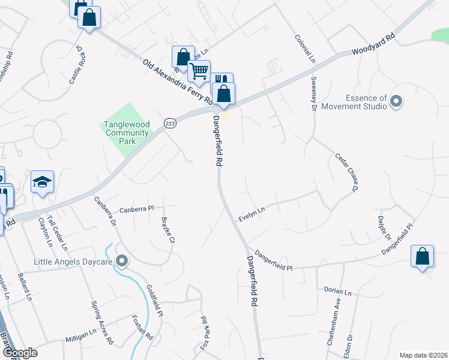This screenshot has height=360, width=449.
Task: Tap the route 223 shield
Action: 170,122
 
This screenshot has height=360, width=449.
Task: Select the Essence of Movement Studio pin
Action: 396,101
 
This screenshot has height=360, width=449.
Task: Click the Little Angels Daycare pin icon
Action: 122,260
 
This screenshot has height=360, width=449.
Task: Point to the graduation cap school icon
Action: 43,181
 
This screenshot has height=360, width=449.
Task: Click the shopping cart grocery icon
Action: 199,71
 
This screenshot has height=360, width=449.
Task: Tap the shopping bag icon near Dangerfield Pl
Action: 423,256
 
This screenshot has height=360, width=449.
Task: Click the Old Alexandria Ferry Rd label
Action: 178,81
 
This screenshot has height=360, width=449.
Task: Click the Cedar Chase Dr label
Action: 346,172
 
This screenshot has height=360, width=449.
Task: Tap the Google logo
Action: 20,353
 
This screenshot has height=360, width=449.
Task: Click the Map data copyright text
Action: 424,355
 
